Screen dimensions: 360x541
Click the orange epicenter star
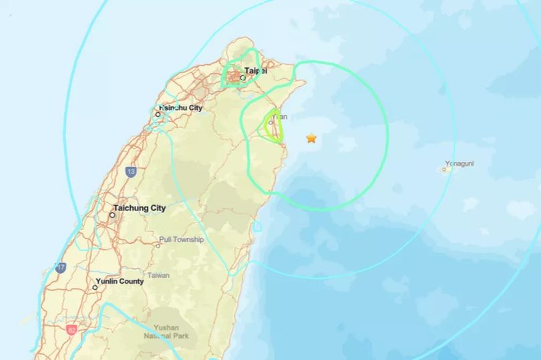[311, 138]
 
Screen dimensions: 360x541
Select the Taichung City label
[140, 208]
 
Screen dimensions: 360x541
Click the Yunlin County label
[120, 281]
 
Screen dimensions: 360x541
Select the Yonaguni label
[460, 162]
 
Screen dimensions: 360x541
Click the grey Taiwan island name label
[158, 275]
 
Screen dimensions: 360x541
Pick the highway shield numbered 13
[131, 172]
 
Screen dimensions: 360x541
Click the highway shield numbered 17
[61, 267]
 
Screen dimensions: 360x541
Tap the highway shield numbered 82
[71, 329]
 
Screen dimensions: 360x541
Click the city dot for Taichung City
[112, 215]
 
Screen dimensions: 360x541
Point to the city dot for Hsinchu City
[158, 114]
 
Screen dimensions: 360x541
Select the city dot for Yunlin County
[96, 288]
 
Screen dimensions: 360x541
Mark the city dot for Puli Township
[158, 245]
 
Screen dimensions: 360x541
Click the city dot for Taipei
[242, 78]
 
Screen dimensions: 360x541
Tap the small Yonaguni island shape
[445, 170]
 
